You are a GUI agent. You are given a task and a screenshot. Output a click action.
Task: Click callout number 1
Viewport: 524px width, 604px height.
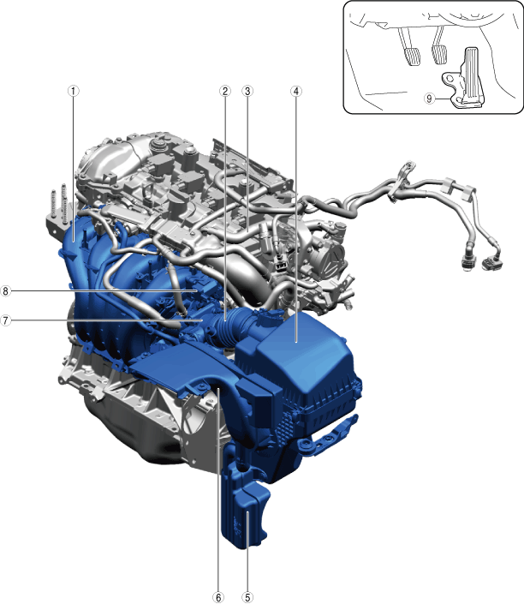click(73, 92)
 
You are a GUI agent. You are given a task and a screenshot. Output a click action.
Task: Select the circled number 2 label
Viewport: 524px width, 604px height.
click(225, 92)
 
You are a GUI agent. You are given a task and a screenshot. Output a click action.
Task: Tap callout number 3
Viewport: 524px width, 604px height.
click(247, 92)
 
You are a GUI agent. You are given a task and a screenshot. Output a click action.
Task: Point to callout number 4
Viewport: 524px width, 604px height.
click(296, 92)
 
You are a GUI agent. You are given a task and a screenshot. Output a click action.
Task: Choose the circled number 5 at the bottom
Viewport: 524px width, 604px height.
click(247, 597)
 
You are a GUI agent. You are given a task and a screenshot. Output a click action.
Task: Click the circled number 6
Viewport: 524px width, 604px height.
click(218, 597)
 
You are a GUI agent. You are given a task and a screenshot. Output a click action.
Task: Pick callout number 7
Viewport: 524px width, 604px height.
click(5, 320)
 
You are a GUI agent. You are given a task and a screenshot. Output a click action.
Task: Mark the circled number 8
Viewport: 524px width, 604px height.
click(5, 290)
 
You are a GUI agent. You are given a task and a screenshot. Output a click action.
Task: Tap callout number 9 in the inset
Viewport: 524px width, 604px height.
click(430, 99)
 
